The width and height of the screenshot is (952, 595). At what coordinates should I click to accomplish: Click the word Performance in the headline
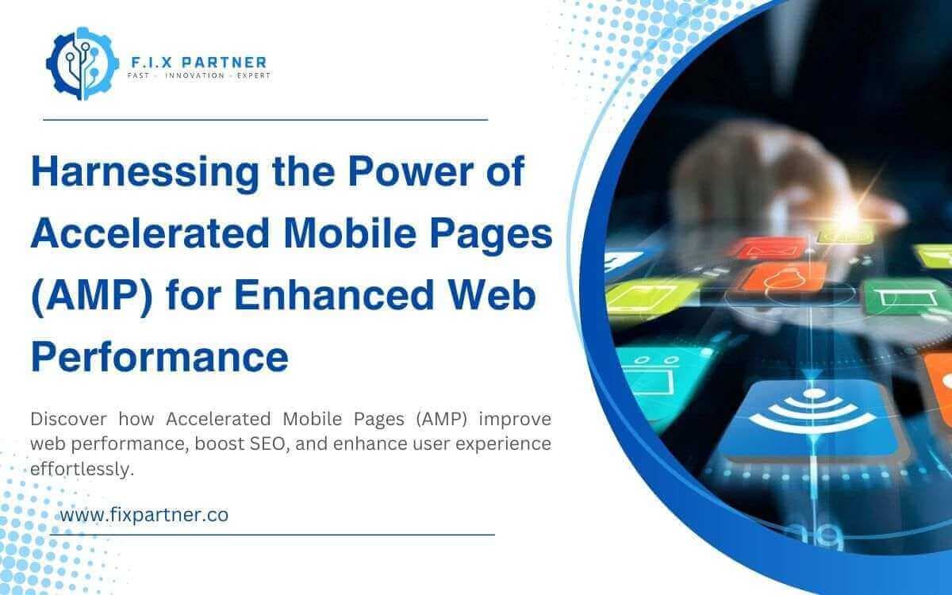click(x=159, y=356)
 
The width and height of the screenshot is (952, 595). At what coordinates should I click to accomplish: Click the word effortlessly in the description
click(x=79, y=470)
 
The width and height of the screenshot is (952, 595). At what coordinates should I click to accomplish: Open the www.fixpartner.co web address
click(x=144, y=515)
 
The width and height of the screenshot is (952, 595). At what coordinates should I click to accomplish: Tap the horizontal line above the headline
click(x=264, y=120)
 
